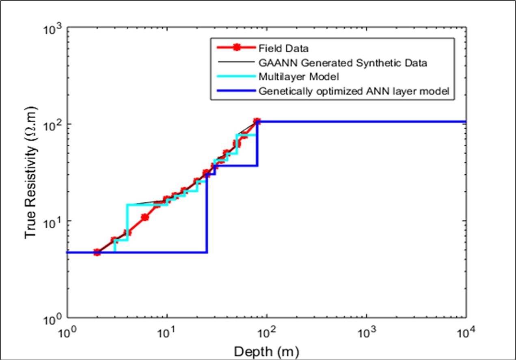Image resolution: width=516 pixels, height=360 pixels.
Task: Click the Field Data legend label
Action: tap(283, 49)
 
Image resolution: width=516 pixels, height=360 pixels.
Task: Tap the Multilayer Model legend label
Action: tap(298, 77)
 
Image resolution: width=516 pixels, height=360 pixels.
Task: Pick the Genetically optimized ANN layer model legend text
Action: tap(354, 91)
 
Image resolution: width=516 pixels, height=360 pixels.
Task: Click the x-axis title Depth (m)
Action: tap(266, 350)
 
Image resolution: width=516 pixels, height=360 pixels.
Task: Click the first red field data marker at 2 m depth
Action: tap(97, 252)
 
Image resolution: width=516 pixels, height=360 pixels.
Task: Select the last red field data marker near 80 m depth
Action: tap(257, 121)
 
